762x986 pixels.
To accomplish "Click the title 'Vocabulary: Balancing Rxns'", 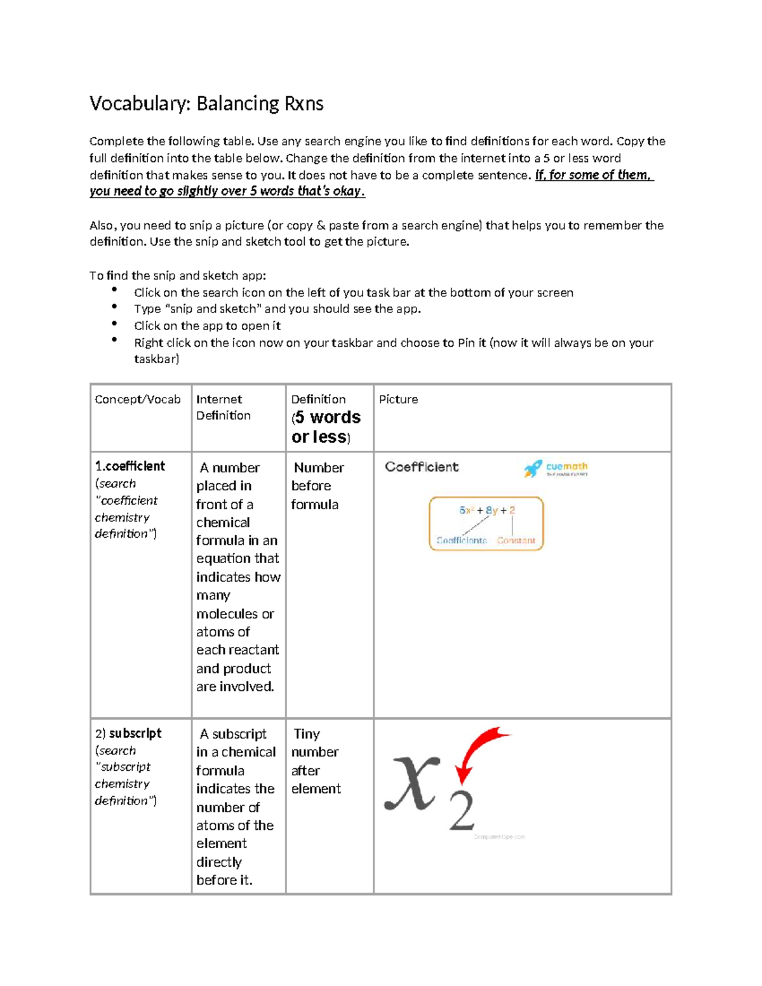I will coord(206,103).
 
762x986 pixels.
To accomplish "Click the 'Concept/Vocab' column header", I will coord(137,399).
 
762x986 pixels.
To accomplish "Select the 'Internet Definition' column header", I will coord(223,407).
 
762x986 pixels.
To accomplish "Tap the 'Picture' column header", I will coord(398,399).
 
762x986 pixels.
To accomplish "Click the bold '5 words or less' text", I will coord(326,427).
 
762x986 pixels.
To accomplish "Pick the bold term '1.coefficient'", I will coord(130,466).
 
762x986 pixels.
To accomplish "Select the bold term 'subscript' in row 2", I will coord(135,733).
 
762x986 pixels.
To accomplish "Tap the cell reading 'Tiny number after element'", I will coord(316,761).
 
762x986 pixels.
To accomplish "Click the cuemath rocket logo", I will coord(532,469).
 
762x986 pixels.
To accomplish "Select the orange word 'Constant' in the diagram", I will coord(516,541).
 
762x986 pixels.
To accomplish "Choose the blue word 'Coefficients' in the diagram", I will coord(462,541).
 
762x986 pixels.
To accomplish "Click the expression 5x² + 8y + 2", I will coord(487,510).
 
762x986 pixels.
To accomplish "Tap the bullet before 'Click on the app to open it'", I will coord(114,324).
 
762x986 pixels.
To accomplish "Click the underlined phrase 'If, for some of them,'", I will coord(594,175).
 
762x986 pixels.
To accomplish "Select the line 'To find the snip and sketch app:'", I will coord(178,276).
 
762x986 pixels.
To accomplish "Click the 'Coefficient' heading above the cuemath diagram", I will coord(422,467).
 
